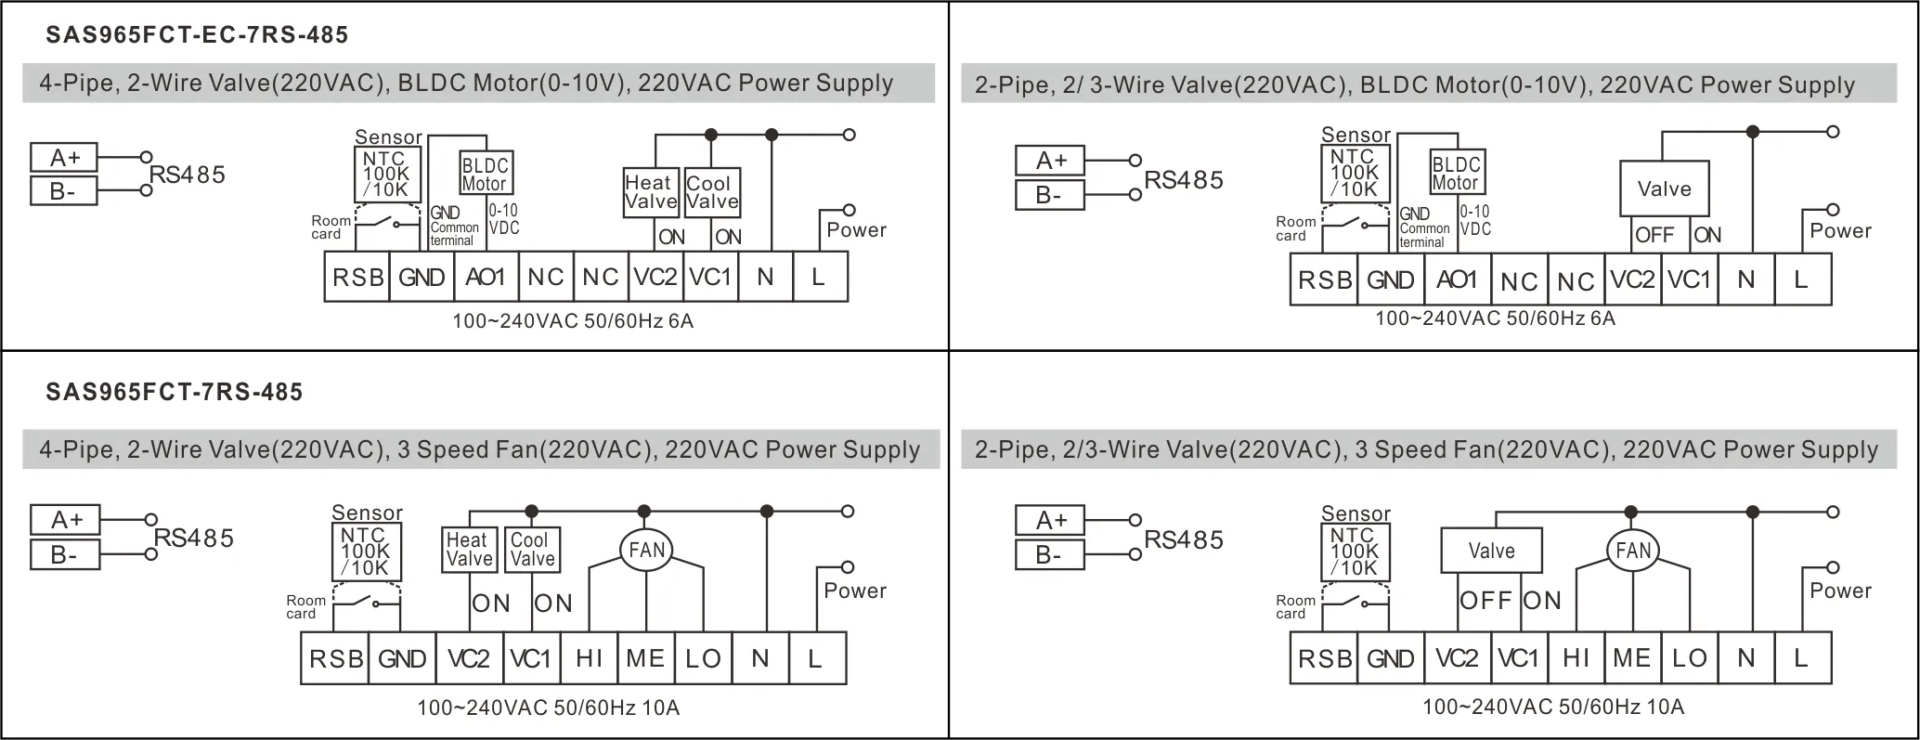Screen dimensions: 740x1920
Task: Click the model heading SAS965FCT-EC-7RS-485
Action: tap(197, 35)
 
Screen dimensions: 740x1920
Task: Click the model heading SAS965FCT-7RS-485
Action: tap(175, 392)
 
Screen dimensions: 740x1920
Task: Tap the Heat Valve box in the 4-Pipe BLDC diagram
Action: tap(651, 192)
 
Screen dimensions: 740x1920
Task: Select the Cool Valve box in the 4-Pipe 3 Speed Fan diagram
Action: tap(532, 549)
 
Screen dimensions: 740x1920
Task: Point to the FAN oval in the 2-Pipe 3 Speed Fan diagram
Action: tap(1633, 551)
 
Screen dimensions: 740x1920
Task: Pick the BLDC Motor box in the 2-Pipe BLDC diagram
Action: tap(1455, 173)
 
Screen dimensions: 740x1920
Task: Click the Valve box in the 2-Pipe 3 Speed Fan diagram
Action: tap(1491, 551)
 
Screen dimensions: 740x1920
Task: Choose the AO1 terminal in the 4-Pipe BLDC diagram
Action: tap(486, 277)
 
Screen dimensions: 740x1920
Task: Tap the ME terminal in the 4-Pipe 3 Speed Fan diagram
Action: tap(645, 658)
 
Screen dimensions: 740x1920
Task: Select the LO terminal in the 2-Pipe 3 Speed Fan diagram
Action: tap(1690, 658)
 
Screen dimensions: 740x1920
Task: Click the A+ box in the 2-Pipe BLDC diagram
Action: tap(1050, 161)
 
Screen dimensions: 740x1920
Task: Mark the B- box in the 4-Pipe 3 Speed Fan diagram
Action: tap(64, 555)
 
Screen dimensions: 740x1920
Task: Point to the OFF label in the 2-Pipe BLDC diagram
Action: tap(1654, 235)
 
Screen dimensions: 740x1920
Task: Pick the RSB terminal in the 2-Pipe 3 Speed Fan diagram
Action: tap(1324, 658)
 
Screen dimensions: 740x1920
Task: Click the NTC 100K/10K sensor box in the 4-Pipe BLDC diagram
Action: tap(387, 174)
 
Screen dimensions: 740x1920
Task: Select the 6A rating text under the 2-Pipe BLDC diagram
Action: tap(1602, 318)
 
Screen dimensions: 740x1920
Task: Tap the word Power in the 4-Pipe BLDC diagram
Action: tap(856, 230)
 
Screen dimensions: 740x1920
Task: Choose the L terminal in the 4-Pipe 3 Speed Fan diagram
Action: tap(816, 658)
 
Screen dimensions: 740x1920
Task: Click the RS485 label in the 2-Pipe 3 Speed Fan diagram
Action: tap(1184, 539)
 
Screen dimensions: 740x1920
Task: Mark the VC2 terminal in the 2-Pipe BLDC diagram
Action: tap(1633, 279)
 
